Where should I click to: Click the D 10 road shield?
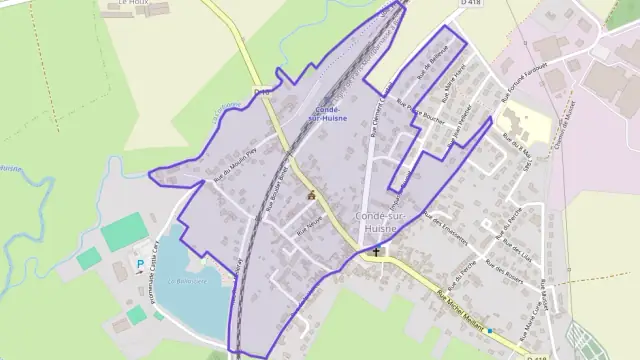click(x=263, y=91)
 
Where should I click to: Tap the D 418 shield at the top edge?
click(x=469, y=5)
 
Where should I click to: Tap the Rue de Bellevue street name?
click(x=433, y=62)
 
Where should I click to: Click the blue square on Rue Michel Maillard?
click(x=490, y=329)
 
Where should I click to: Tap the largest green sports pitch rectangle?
click(x=121, y=233)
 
